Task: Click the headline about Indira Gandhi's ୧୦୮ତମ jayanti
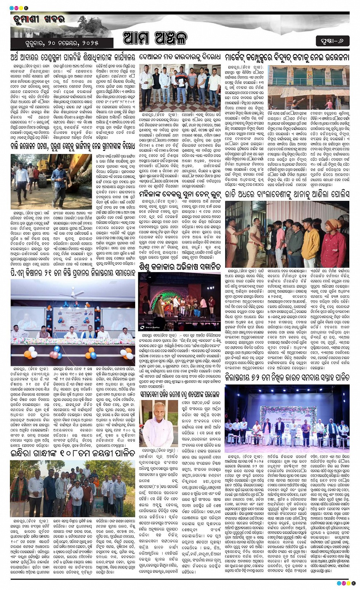click(72, 453)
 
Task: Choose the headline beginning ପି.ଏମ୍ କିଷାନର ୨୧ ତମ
click(72, 272)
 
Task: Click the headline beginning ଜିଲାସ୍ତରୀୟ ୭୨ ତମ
click(287, 377)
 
